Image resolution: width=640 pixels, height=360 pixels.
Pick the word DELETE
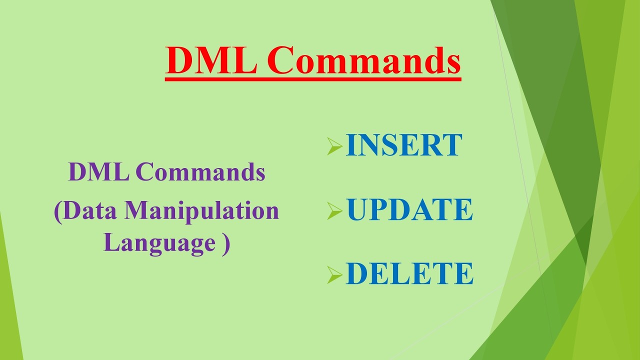point(409,273)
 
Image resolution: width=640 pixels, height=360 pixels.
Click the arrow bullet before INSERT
point(334,147)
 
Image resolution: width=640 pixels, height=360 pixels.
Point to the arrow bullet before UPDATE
point(334,211)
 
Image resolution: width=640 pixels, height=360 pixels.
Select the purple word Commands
point(200,172)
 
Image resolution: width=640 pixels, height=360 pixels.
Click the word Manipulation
point(201,210)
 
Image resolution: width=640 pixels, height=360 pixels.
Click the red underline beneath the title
point(313,78)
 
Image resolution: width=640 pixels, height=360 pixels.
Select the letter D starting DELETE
point(356,273)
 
